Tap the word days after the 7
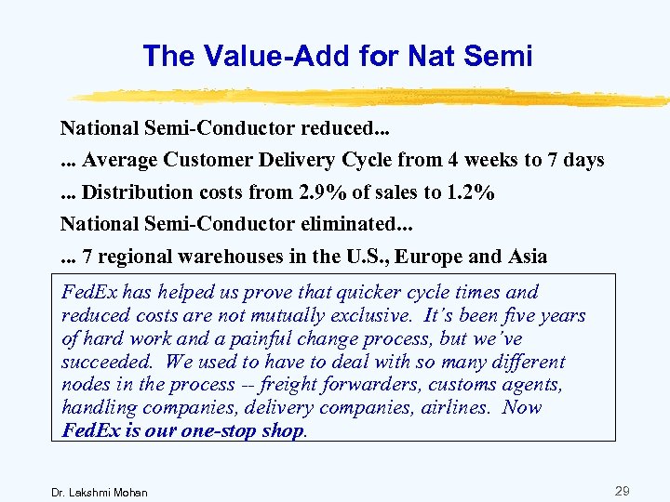pyautogui.click(x=583, y=160)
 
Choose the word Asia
pyautogui.click(x=524, y=257)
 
